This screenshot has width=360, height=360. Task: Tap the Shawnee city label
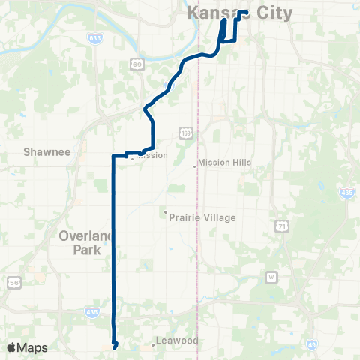pyautogui.click(x=46, y=152)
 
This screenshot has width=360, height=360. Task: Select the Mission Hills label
pyautogui.click(x=225, y=163)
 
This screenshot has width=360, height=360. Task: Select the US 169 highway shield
pyautogui.click(x=185, y=133)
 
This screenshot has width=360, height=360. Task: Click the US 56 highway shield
pyautogui.click(x=14, y=282)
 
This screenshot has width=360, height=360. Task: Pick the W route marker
pyautogui.click(x=271, y=277)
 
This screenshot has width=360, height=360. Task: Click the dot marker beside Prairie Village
pyautogui.click(x=166, y=212)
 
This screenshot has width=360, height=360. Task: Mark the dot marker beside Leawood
pyautogui.click(x=153, y=345)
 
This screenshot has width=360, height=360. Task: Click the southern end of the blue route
pyautogui.click(x=115, y=346)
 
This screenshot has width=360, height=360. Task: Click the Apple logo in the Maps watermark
pyautogui.click(x=12, y=347)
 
